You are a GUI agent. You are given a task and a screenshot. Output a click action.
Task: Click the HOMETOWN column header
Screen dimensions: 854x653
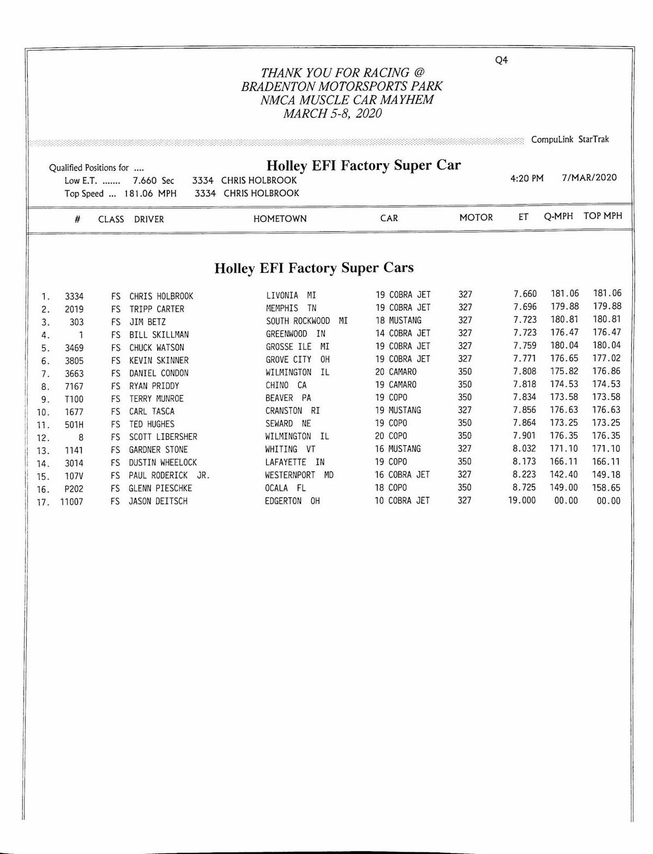[x=280, y=219]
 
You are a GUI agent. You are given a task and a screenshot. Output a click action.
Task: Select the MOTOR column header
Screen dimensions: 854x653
[x=476, y=218]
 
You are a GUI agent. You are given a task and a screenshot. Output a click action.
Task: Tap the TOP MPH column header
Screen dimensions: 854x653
[x=602, y=216]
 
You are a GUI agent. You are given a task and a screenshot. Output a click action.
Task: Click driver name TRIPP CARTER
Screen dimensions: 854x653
[x=157, y=309]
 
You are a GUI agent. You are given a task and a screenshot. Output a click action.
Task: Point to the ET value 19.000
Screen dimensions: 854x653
[x=522, y=501]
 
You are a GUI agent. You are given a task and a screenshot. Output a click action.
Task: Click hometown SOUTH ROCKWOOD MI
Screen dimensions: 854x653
[x=306, y=321]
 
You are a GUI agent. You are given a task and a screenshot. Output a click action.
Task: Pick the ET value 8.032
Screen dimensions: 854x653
[x=525, y=449]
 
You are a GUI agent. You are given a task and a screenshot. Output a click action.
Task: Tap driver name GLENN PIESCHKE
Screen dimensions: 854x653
[x=160, y=489]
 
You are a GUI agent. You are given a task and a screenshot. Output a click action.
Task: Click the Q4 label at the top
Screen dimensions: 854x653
[x=501, y=60]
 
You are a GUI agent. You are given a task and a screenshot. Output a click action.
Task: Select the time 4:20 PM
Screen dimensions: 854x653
[x=527, y=179]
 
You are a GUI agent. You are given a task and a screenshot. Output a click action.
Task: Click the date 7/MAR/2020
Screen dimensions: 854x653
[x=589, y=177]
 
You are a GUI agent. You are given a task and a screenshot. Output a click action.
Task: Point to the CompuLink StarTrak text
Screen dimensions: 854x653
[x=570, y=139]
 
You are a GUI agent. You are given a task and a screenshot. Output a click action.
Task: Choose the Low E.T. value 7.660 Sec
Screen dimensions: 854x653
[x=153, y=181]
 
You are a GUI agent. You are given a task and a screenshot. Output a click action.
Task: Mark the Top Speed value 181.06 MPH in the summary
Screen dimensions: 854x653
[x=150, y=194]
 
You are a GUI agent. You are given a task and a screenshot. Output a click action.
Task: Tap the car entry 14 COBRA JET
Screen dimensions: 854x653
[x=403, y=334]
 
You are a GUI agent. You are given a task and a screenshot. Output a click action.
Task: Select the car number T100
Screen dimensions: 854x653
[x=74, y=399]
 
